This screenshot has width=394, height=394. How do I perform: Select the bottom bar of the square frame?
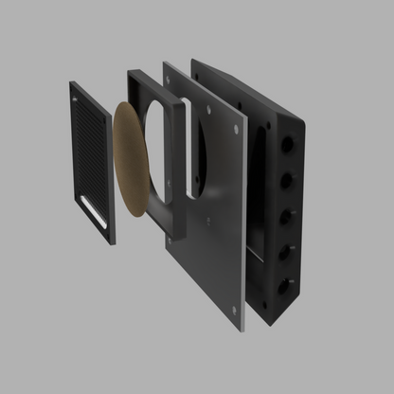pos(181,227)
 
